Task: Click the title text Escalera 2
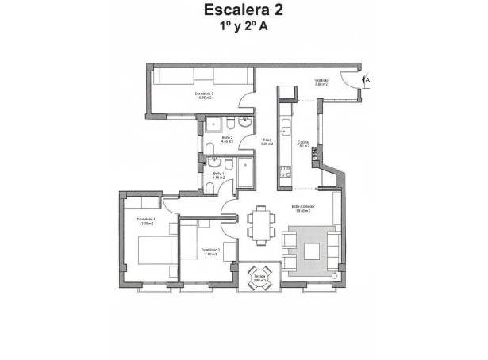(x=243, y=10)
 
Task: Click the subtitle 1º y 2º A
(x=243, y=27)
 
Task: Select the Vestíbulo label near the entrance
(x=321, y=81)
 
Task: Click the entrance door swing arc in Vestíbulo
(x=347, y=82)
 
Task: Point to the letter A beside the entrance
(x=367, y=80)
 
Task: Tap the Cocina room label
(x=302, y=144)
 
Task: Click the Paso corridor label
(x=267, y=142)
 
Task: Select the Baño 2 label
(x=227, y=140)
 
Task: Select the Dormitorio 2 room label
(x=210, y=251)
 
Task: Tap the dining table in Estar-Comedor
(x=259, y=222)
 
